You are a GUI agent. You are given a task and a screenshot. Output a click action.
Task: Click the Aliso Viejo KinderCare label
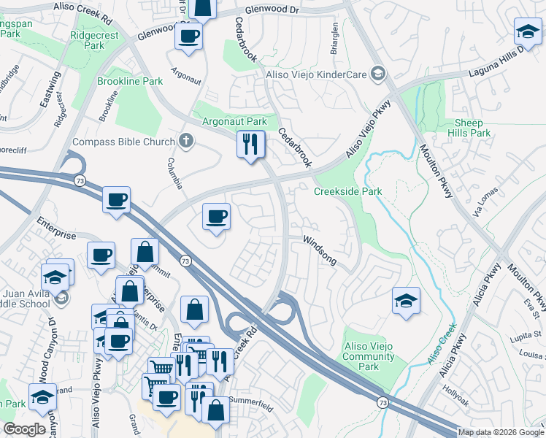point(314,73)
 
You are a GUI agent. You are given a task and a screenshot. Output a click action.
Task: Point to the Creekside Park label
point(348,192)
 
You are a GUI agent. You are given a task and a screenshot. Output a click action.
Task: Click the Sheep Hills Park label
point(472,128)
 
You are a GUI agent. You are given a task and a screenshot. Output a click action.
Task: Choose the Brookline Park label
point(130,82)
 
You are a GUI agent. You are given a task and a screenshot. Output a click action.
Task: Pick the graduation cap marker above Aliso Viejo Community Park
point(406,300)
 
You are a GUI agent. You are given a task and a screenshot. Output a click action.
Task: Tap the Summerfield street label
point(250,401)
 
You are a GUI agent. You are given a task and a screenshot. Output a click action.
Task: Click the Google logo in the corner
point(25,429)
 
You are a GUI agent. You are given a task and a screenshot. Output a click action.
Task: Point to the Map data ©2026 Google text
point(501,432)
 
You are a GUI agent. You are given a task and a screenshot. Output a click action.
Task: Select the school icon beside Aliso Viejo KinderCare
point(377,73)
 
